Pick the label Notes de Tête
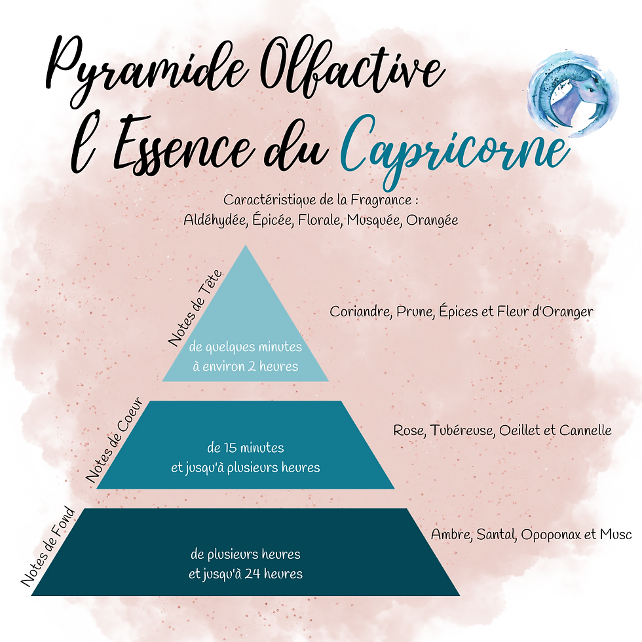[x=196, y=308]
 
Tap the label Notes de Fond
[x=48, y=546]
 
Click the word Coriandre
[x=360, y=311]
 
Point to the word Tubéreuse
[x=461, y=430]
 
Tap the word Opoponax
[x=550, y=535]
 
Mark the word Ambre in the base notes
[x=450, y=535]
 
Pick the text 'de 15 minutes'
[x=245, y=448]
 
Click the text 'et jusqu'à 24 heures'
[x=245, y=574]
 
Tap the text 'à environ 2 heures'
[x=245, y=366]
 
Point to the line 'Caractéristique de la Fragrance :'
[x=320, y=199]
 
